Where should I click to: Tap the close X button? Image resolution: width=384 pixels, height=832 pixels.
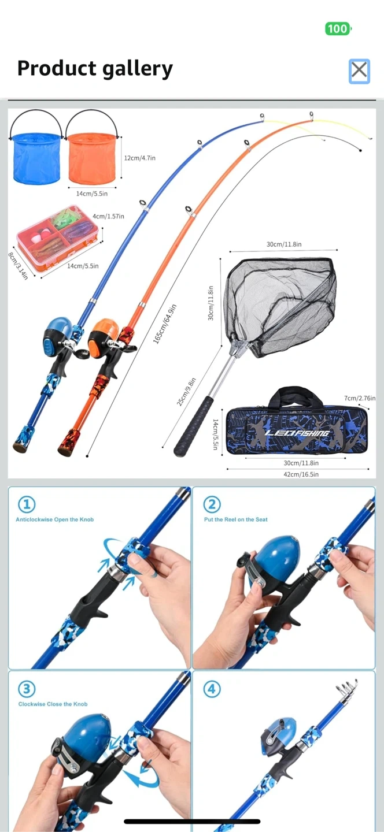359,70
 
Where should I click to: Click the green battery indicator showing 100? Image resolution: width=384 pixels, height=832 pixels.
338,29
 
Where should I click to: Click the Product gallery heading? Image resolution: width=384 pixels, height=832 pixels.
95,69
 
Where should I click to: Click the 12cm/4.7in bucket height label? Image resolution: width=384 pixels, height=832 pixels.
139,158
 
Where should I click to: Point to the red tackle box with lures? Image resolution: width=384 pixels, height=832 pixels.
59,237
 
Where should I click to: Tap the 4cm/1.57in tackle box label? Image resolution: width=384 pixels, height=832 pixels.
108,216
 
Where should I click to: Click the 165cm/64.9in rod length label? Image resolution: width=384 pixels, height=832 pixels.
165,324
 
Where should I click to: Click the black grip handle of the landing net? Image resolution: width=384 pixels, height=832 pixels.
194,426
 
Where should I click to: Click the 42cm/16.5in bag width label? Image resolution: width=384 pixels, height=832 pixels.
301,474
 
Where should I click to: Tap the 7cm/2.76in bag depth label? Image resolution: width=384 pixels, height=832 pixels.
360,398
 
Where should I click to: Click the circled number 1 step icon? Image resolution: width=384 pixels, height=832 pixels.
27,504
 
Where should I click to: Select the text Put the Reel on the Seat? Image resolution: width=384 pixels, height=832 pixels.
236,519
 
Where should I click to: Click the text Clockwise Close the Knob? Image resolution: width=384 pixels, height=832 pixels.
53,704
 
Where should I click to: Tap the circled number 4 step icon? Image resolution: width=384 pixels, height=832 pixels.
212,689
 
